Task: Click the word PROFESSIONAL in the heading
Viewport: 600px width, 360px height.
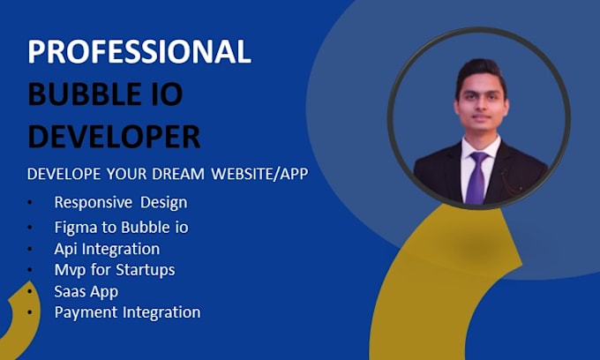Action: click(139, 51)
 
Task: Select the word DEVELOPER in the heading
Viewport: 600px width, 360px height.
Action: click(114, 136)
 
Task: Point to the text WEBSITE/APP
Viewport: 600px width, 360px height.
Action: click(259, 174)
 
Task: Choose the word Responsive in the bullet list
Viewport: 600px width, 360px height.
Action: click(94, 203)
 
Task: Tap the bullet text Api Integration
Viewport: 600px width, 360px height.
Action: click(107, 249)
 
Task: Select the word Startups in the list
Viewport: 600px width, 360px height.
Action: click(146, 270)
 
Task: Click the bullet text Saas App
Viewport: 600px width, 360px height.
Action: click(86, 292)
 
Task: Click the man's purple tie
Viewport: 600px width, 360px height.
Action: click(476, 177)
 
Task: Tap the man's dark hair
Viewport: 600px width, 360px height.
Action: click(481, 72)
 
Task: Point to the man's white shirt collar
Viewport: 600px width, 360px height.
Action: click(482, 146)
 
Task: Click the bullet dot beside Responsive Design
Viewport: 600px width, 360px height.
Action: click(30, 203)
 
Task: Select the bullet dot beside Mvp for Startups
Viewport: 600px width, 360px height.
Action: click(30, 270)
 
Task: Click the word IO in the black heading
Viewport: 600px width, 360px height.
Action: click(168, 94)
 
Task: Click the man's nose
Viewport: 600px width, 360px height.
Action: click(482, 108)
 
